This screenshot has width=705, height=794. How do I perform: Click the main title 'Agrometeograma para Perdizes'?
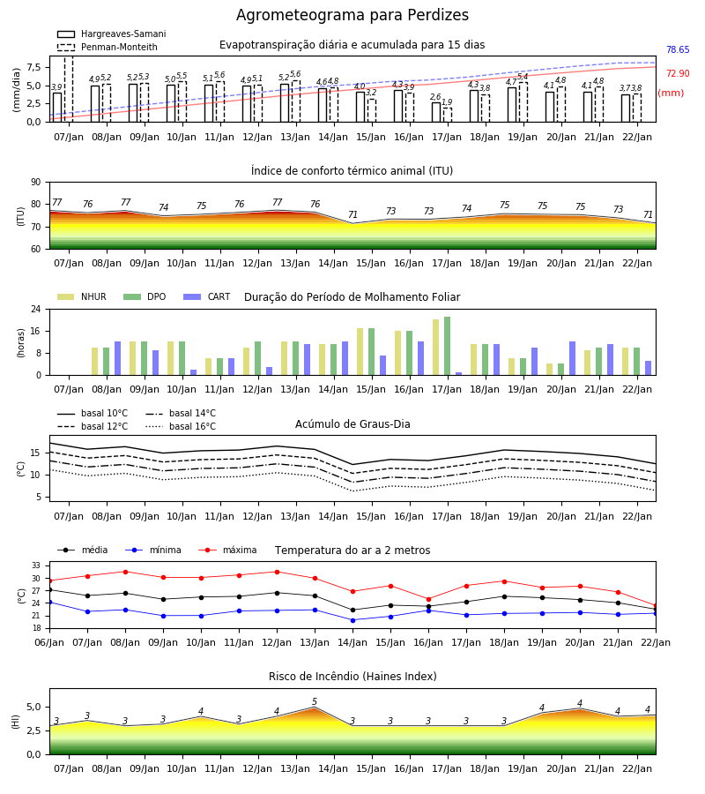pyautogui.click(x=352, y=15)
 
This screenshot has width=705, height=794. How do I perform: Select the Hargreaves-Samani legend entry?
pyautogui.click(x=111, y=34)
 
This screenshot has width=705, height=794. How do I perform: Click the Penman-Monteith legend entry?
pyautogui.click(x=108, y=47)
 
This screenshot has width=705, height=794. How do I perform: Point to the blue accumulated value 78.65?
pyautogui.click(x=678, y=49)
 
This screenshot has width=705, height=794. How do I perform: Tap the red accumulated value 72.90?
pyautogui.click(x=678, y=73)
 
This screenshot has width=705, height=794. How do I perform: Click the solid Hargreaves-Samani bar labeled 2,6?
pyautogui.click(x=436, y=112)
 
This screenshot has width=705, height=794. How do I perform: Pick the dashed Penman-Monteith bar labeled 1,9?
pyautogui.click(x=448, y=115)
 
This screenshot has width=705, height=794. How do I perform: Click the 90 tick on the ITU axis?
pyautogui.click(x=36, y=183)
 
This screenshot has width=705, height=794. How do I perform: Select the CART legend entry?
pyautogui.click(x=207, y=296)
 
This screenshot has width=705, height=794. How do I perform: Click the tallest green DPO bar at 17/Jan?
pyautogui.click(x=447, y=346)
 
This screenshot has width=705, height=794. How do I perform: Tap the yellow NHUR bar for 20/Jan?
pyautogui.click(x=549, y=369)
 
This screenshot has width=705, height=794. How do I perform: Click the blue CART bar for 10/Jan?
pyautogui.click(x=193, y=372)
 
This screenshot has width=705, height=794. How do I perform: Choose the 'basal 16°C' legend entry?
pyautogui.click(x=181, y=426)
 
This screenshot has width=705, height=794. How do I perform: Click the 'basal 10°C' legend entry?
pyautogui.click(x=93, y=413)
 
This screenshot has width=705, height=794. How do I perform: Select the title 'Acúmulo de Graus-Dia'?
pyautogui.click(x=352, y=423)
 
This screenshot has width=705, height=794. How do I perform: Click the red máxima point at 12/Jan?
pyautogui.click(x=277, y=573)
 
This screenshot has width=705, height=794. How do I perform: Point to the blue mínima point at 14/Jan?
pyautogui.click(x=352, y=620)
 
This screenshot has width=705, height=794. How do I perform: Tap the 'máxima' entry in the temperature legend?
pyautogui.click(x=227, y=550)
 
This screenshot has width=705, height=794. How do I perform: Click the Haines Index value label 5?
pyautogui.click(x=315, y=701)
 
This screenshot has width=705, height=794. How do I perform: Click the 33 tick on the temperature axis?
pyautogui.click(x=36, y=566)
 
